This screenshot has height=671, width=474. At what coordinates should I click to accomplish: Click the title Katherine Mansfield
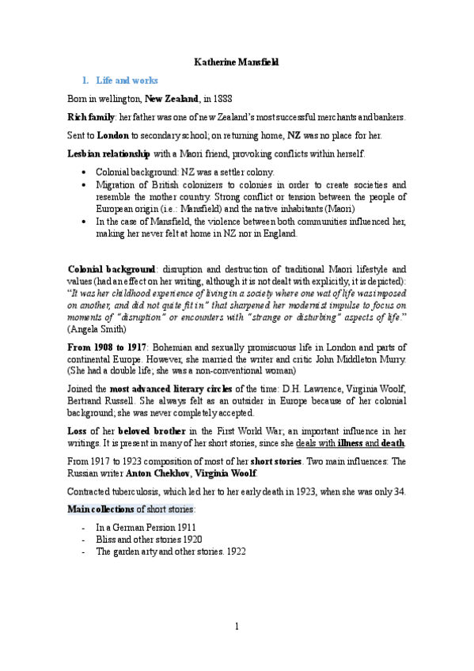coord(237,61)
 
